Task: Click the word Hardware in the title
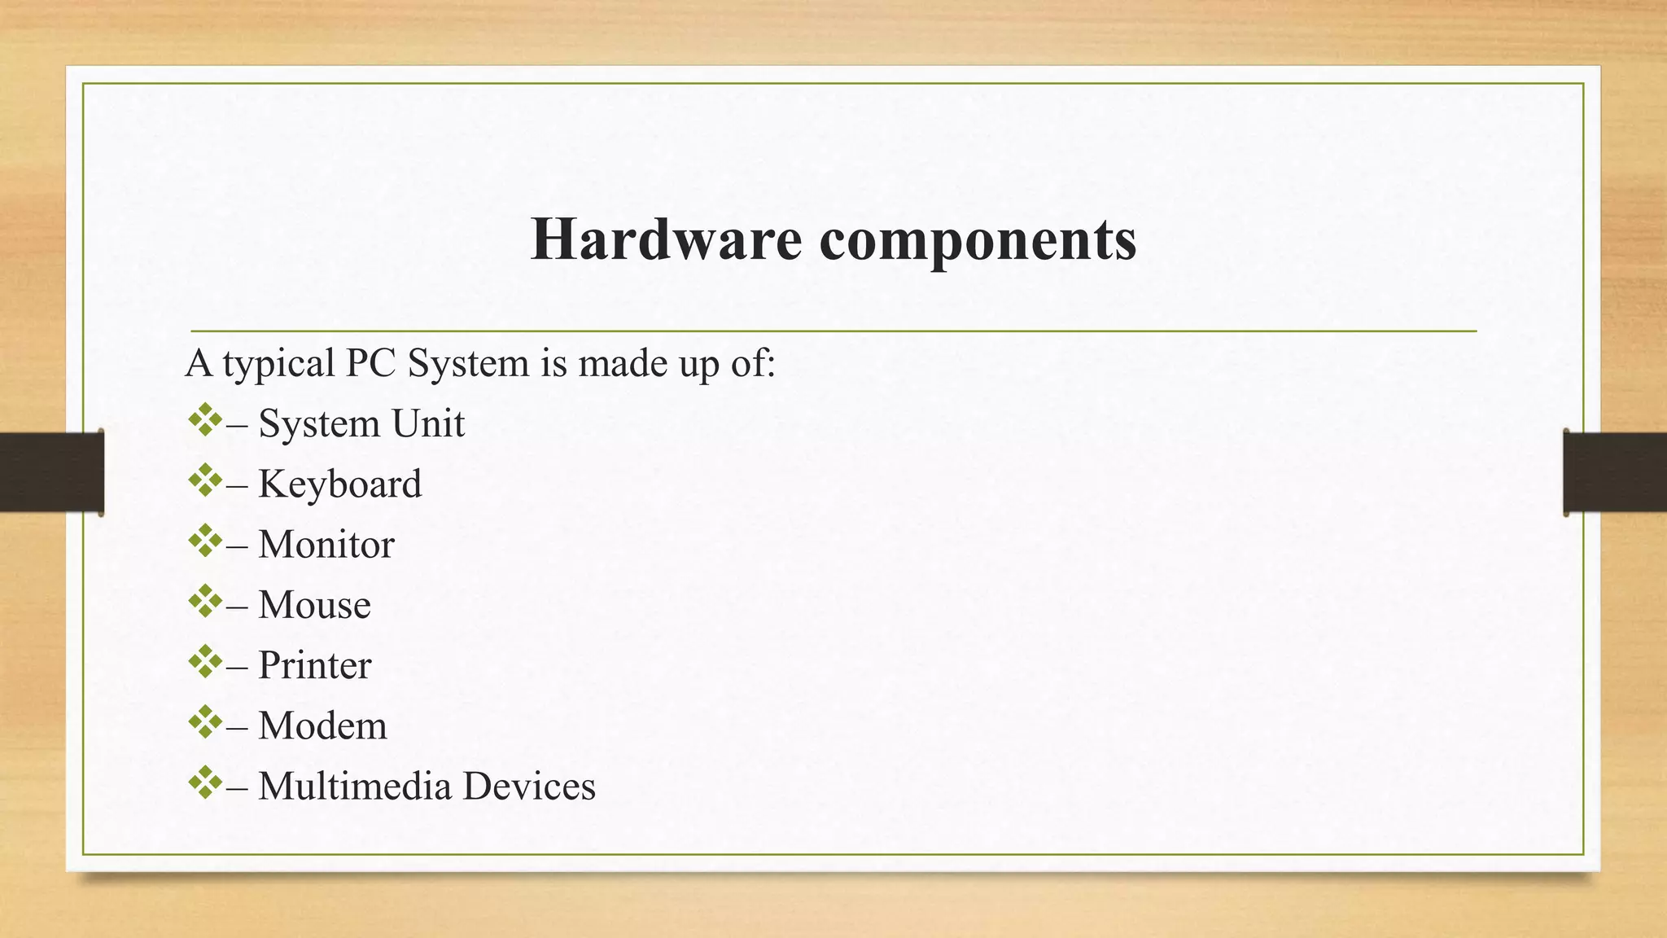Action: [x=666, y=239]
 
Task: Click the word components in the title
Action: [x=978, y=241]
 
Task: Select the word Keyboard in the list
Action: [x=339, y=484]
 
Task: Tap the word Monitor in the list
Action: [x=326, y=544]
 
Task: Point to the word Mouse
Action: [x=314, y=604]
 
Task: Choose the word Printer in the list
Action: [x=314, y=665]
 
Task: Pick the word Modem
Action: [x=322, y=725]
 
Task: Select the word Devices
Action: [x=529, y=786]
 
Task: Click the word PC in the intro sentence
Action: [x=370, y=363]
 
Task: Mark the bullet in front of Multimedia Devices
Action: [x=205, y=782]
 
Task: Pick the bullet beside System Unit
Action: [x=205, y=420]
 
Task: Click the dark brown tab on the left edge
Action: [x=51, y=472]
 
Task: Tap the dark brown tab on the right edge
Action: [x=1615, y=472]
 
